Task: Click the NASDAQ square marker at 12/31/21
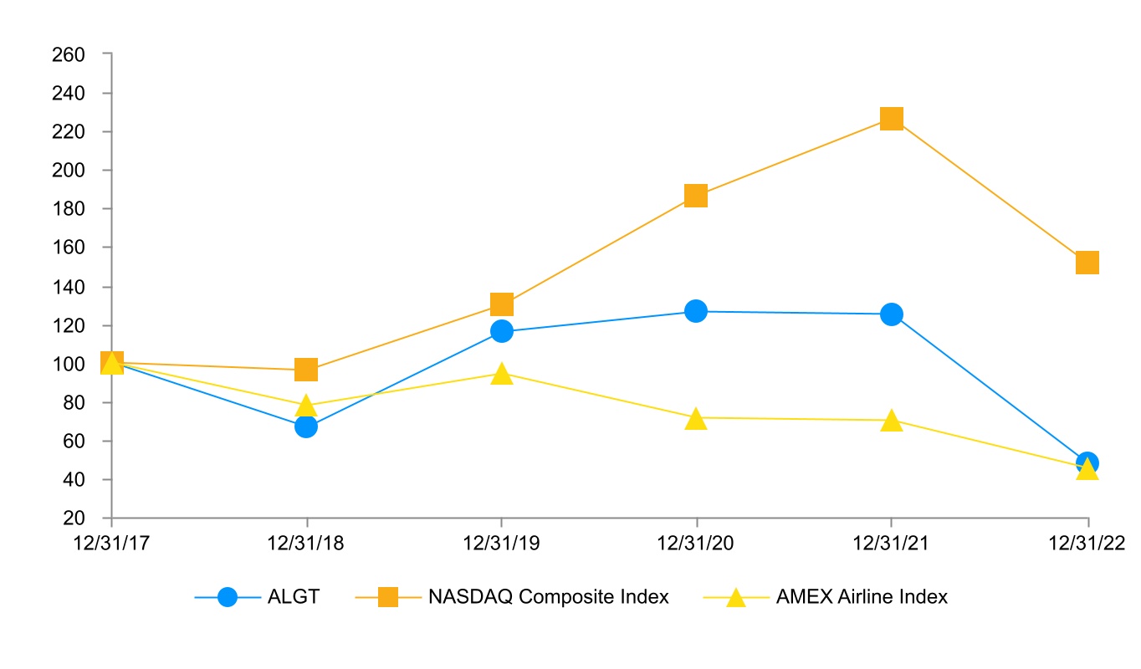pyautogui.click(x=892, y=119)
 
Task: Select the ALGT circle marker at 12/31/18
pyautogui.click(x=306, y=426)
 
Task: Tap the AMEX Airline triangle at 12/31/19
pyautogui.click(x=501, y=374)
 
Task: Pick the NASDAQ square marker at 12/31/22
pyautogui.click(x=1087, y=263)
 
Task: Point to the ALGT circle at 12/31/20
pyautogui.click(x=696, y=311)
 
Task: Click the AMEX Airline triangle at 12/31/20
pyautogui.click(x=696, y=419)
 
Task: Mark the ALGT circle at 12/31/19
pyautogui.click(x=501, y=331)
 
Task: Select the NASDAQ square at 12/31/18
pyautogui.click(x=306, y=370)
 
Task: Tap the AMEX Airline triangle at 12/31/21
pyautogui.click(x=892, y=421)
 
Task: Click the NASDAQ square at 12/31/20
pyautogui.click(x=696, y=196)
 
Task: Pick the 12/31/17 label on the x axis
pyautogui.click(x=111, y=543)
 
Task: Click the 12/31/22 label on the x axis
pyautogui.click(x=1087, y=543)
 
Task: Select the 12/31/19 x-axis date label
pyautogui.click(x=501, y=543)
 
